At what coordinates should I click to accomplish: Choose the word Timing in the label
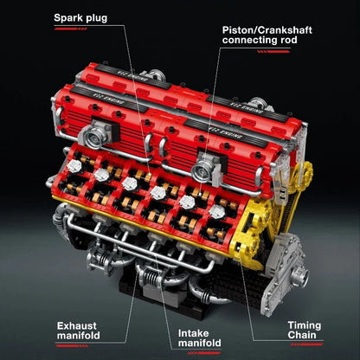pyautogui.click(x=305, y=326)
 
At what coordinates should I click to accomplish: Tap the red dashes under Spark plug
pyautogui.click(x=71, y=29)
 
